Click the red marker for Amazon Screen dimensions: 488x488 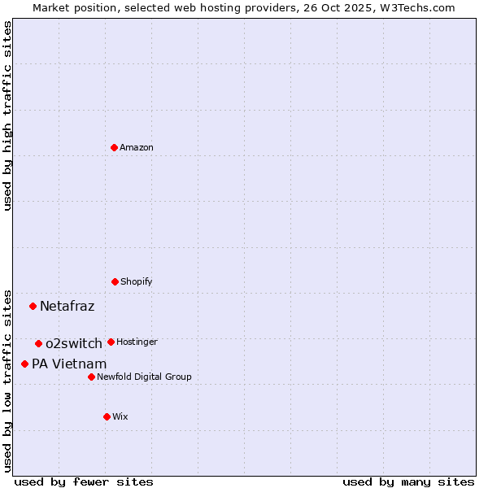point(115,147)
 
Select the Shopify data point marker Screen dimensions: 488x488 point(115,281)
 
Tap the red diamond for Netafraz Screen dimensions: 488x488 point(33,306)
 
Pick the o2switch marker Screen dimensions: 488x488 point(38,343)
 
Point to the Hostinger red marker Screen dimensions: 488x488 point(111,342)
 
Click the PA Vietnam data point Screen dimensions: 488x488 point(25,364)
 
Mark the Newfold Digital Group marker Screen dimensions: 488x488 point(91,377)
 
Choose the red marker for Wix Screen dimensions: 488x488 point(107,416)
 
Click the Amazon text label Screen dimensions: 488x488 point(137,147)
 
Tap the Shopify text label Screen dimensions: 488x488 point(137,281)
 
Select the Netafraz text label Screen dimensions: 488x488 point(68,306)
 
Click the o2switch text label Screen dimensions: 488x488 point(74,343)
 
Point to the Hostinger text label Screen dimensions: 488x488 point(137,342)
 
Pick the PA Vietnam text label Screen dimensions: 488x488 point(69,364)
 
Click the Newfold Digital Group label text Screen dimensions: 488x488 point(145,377)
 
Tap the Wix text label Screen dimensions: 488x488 point(120,416)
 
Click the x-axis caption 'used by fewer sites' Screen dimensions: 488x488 point(84,481)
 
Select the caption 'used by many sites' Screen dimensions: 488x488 point(408,481)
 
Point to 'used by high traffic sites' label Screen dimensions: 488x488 point(7,115)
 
